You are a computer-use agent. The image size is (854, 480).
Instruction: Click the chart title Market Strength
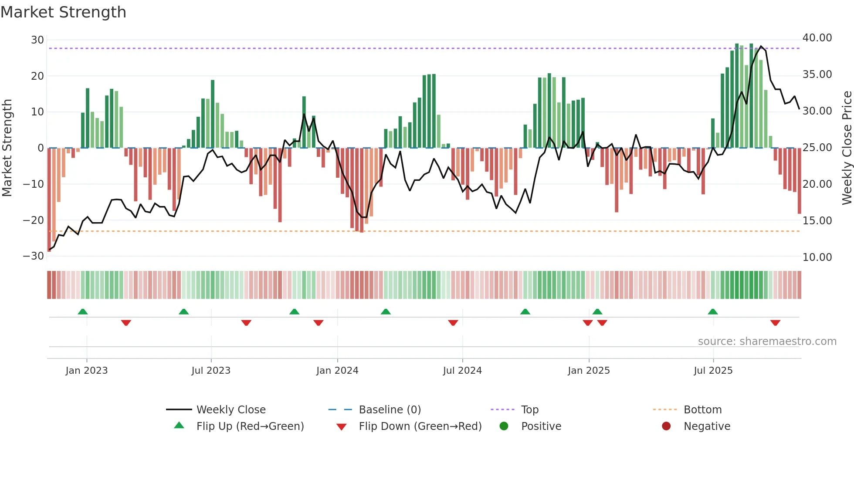click(63, 12)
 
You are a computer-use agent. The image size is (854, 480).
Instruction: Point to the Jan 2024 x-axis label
click(337, 371)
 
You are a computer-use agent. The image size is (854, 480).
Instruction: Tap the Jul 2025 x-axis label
click(713, 371)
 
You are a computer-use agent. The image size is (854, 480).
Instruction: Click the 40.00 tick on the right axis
click(817, 38)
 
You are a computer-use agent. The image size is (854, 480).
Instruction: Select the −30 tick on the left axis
click(34, 256)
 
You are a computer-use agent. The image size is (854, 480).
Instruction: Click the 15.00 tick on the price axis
click(817, 221)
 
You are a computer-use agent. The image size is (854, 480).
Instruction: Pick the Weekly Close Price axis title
click(847, 148)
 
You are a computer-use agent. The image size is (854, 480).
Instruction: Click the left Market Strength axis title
click(7, 148)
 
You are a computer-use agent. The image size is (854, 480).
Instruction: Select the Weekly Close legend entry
click(230, 410)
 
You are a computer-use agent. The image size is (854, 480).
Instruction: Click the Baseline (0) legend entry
click(390, 410)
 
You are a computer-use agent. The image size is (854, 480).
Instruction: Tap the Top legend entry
click(529, 410)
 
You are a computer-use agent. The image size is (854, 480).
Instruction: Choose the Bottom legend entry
click(702, 410)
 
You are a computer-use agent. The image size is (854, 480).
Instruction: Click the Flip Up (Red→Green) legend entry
click(250, 426)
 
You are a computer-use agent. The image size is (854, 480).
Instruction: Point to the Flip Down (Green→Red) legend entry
click(420, 426)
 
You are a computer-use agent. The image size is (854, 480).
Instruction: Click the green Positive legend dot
click(504, 426)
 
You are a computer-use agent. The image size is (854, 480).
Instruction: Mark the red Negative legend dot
click(666, 426)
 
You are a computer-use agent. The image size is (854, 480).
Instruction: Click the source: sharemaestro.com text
click(767, 341)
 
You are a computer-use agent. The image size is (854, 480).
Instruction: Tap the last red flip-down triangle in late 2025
click(775, 323)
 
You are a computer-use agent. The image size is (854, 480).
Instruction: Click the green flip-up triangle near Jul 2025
click(713, 311)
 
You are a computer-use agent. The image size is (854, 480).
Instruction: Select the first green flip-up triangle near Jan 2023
click(83, 311)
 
